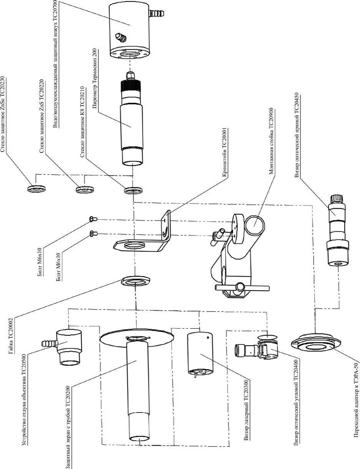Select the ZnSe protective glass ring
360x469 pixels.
click(36, 189)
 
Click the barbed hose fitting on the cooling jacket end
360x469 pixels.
click(158, 13)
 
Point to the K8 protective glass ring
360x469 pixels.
click(134, 191)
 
